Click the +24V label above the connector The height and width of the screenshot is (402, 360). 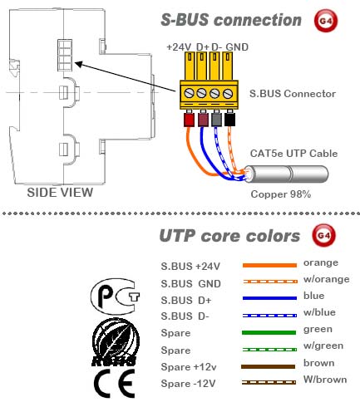(x=179, y=47)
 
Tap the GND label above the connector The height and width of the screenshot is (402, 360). (x=237, y=47)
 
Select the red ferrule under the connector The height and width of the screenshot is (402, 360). (x=189, y=120)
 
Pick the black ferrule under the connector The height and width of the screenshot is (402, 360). (x=229, y=120)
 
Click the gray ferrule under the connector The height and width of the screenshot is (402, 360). (x=216, y=120)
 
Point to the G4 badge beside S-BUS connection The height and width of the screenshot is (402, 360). (x=326, y=21)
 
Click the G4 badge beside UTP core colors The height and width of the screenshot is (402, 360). (x=323, y=236)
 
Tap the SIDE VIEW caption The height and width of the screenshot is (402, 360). (x=60, y=193)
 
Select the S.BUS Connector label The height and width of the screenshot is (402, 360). (x=293, y=94)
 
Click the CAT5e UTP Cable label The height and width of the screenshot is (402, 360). (x=293, y=154)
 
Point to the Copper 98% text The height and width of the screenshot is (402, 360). (x=281, y=194)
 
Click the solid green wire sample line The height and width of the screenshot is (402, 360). (x=269, y=332)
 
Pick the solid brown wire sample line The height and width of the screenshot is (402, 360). (x=269, y=366)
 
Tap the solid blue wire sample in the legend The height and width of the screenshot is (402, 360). (x=269, y=298)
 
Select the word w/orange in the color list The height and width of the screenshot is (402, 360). (x=327, y=279)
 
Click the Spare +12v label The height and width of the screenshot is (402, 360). (x=189, y=367)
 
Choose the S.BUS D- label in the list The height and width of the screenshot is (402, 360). (x=185, y=316)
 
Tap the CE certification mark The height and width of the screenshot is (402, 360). (x=113, y=384)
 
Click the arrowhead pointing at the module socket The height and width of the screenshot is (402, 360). (x=78, y=64)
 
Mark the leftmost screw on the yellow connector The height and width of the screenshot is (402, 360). (x=189, y=93)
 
